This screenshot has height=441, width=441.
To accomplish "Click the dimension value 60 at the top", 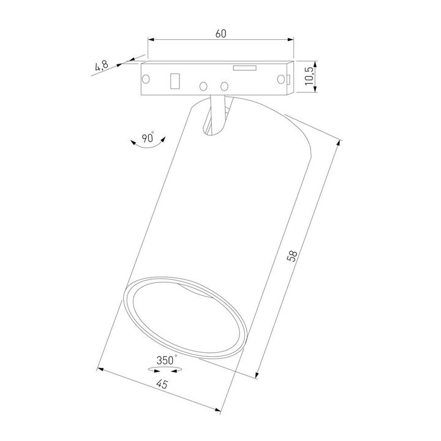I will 221,34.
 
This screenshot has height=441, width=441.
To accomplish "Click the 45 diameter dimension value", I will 162,384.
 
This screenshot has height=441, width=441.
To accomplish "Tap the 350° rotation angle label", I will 166,360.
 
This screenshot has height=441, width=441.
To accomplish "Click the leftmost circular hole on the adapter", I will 147,78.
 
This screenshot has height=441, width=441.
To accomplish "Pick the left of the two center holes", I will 205,86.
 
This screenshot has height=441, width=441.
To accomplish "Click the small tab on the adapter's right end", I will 288,78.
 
